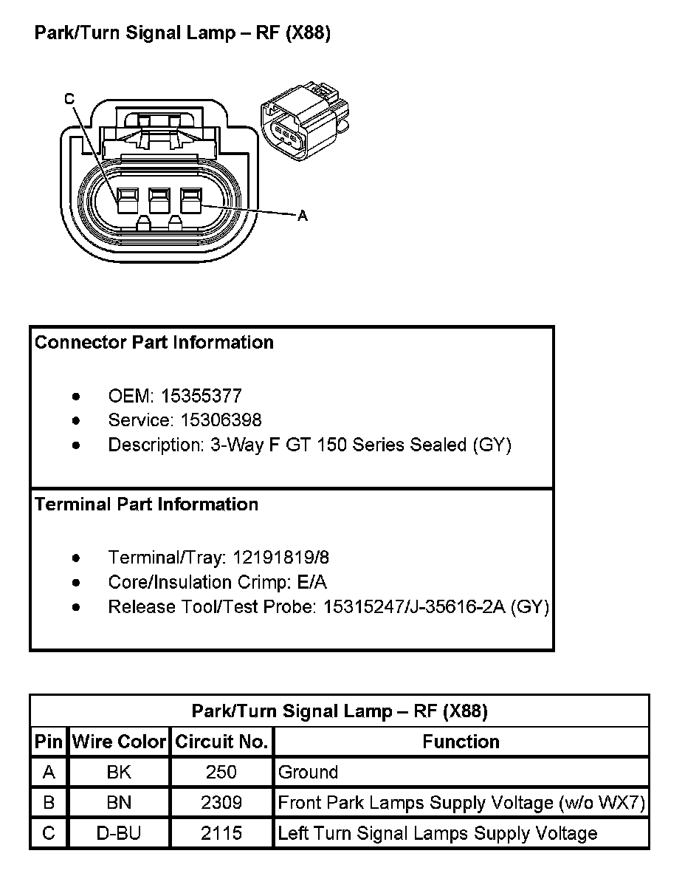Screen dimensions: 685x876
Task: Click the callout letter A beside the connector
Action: pyautogui.click(x=301, y=216)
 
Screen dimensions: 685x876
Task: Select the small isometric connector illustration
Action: pyautogui.click(x=304, y=122)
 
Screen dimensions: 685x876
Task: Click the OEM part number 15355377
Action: pyautogui.click(x=201, y=396)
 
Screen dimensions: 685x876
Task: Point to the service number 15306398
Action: pyautogui.click(x=210, y=420)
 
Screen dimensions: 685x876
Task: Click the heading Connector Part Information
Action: pyautogui.click(x=154, y=343)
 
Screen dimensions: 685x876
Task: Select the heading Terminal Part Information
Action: pyautogui.click(x=147, y=504)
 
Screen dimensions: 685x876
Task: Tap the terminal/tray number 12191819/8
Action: pyautogui.click(x=280, y=557)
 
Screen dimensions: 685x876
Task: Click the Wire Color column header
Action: pyautogui.click(x=119, y=742)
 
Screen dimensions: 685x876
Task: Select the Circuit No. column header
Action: pyautogui.click(x=221, y=742)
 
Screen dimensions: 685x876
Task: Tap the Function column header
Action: pyautogui.click(x=461, y=742)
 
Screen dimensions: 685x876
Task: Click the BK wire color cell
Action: pyautogui.click(x=119, y=773)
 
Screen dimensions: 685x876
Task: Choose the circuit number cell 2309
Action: pyautogui.click(x=221, y=803)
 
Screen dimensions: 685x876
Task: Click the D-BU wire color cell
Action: pyautogui.click(x=119, y=834)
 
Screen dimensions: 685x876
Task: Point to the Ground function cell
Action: pyautogui.click(x=308, y=773)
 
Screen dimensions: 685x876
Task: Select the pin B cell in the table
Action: pyautogui.click(x=49, y=803)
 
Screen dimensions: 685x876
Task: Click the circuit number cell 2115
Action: pyautogui.click(x=221, y=834)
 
